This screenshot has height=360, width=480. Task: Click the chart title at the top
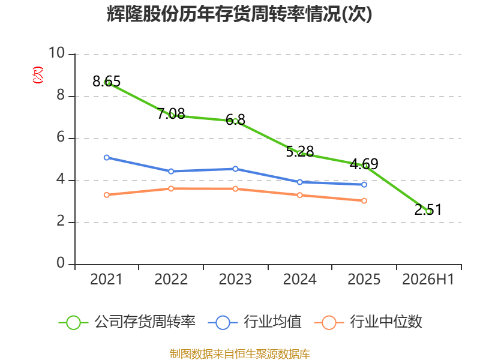coord(239,14)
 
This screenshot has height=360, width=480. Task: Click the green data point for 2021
coord(107,82)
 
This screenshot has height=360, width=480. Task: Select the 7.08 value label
coord(171,113)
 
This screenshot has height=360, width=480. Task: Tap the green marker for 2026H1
coord(428,211)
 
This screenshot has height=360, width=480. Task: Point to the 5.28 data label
coord(300,151)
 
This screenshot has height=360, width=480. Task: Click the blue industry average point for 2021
coord(107,158)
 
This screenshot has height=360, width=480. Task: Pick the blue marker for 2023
coord(235,169)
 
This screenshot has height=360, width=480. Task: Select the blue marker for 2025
coord(364,185)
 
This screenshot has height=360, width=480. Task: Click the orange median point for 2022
coord(171,188)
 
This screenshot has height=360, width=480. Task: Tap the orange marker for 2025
coord(364,201)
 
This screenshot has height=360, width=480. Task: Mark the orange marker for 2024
coord(300,195)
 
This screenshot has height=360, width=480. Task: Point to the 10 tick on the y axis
coord(57,53)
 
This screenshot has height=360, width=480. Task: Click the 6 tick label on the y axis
coord(61,137)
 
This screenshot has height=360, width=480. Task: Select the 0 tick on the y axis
coord(61,263)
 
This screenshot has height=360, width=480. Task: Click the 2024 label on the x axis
coord(299,279)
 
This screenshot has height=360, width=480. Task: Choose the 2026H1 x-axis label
coord(428,279)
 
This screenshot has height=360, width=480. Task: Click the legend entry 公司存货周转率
coord(127,322)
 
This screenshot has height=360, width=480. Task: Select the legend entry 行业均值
coord(254,322)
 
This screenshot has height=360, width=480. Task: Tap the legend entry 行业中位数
coord(368,322)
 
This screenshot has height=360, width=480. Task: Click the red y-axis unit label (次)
coord(38,75)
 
